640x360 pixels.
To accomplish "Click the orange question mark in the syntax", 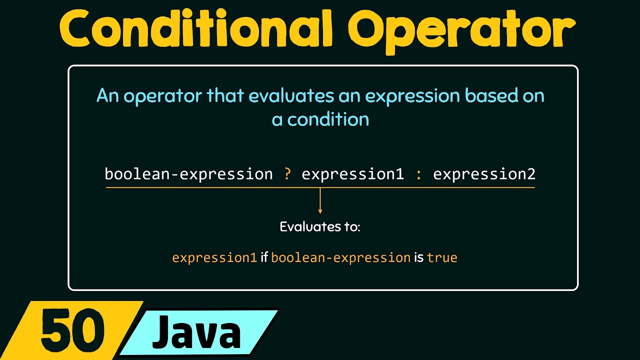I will [287, 174].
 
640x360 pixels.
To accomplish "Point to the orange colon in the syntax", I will [418, 174].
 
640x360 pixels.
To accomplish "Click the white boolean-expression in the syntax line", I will [188, 174].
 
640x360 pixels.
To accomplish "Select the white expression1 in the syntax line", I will [352, 174].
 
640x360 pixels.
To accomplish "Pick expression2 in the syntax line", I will [484, 174].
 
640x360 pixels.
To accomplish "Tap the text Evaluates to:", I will [320, 226].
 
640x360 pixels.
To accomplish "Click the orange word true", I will [442, 258].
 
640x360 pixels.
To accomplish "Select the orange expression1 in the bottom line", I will [214, 258].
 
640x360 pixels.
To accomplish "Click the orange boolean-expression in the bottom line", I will [340, 258].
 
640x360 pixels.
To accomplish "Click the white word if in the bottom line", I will [264, 258].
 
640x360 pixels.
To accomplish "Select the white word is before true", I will [418, 258].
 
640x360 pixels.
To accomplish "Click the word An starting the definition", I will [107, 95].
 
